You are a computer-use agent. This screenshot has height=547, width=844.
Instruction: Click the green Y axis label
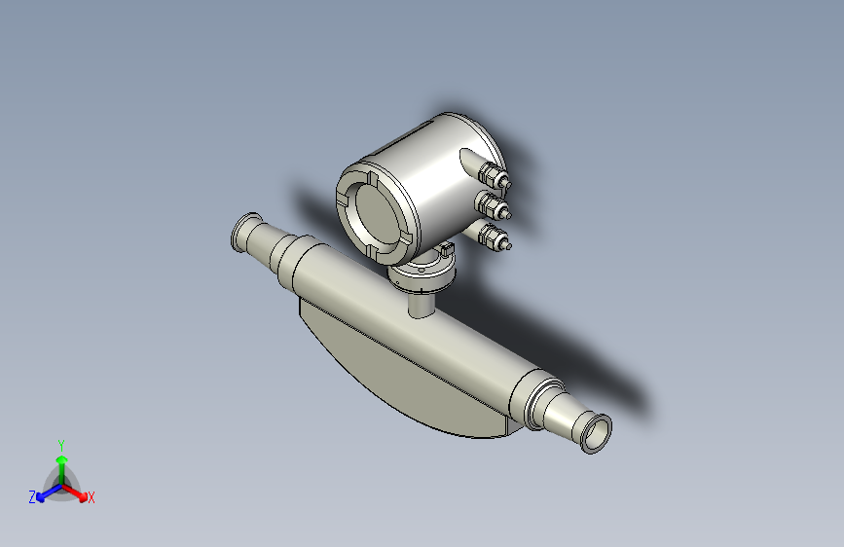coord(61,443)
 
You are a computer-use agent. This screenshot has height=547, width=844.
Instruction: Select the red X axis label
coord(91,498)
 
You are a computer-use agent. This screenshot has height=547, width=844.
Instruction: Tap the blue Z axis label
coord(32,496)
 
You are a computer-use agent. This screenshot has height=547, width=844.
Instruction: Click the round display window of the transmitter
coord(372,209)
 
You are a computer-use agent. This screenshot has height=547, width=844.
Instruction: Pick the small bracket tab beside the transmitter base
coord(447,251)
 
